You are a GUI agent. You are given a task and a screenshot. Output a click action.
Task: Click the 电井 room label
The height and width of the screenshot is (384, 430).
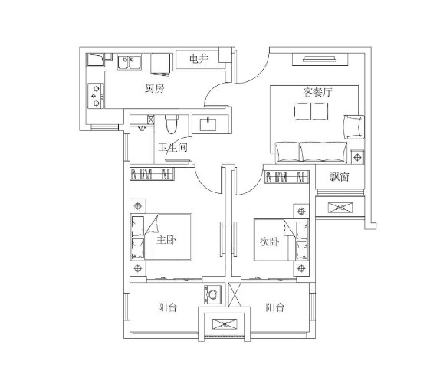pyautogui.click(x=199, y=59)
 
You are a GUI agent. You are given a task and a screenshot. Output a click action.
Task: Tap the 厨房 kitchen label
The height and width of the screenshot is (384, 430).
pyautogui.click(x=154, y=88)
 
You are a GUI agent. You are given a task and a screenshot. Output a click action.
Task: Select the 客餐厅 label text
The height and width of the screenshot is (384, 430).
pyautogui.click(x=317, y=92)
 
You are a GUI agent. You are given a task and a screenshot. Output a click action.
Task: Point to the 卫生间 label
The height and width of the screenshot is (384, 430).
pyautogui.click(x=172, y=148)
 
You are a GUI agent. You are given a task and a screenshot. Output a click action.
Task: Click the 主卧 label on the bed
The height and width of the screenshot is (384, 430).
pyautogui.click(x=166, y=240)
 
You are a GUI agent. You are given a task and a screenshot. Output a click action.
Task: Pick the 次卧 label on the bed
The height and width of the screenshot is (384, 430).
pyautogui.click(x=269, y=241)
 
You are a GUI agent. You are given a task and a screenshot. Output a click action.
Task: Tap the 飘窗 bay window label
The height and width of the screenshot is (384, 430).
pyautogui.click(x=340, y=177)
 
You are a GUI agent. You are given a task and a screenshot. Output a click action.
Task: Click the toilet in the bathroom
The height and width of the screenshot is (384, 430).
pyautogui.click(x=172, y=124)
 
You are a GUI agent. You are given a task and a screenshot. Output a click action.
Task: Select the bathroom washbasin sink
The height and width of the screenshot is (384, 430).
pyautogui.click(x=208, y=124)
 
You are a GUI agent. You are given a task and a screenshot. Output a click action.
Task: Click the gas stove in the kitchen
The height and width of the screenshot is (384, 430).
pyautogui.click(x=96, y=96)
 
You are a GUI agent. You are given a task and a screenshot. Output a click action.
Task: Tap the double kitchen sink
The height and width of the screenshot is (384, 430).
pyautogui.click(x=130, y=62)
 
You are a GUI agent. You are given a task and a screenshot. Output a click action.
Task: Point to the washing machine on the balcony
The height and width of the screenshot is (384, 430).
pyautogui.click(x=213, y=294)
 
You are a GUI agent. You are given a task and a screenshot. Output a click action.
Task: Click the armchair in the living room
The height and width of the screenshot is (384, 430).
pyautogui.click(x=354, y=127)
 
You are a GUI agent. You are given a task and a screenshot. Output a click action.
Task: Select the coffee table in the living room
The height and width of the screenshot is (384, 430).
pyautogui.click(x=310, y=111)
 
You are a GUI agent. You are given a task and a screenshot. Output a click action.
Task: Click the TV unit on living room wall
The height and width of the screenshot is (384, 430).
pyautogui.click(x=320, y=59)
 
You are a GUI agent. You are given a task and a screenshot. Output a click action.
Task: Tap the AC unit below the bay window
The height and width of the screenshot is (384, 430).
pyautogui.click(x=340, y=208)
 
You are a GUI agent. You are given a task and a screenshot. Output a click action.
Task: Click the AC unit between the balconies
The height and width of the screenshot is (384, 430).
pyautogui.click(x=225, y=324)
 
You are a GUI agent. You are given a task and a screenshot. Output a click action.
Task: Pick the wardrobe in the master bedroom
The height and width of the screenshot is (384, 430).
pyautogui.click(x=152, y=174)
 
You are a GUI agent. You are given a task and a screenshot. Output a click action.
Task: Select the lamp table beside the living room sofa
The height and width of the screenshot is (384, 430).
pyautogui.click(x=357, y=157)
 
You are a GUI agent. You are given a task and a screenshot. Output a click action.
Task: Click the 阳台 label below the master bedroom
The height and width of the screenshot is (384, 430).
pyautogui.click(x=168, y=307)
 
